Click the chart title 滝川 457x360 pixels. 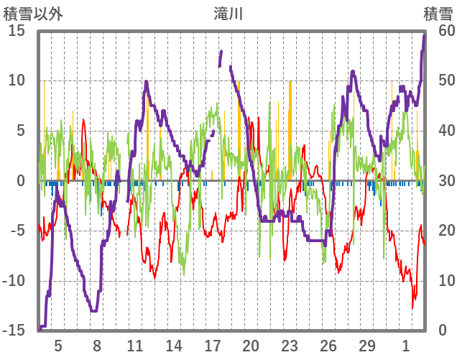(x=228, y=14)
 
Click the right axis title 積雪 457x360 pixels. (x=438, y=14)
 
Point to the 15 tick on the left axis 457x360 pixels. (x=17, y=31)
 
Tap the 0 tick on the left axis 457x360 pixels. (x=22, y=181)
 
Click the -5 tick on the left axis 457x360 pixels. (x=18, y=231)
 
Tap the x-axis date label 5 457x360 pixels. (x=58, y=346)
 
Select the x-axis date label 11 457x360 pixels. (x=134, y=346)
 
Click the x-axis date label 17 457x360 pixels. (x=212, y=346)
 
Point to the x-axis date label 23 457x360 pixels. (x=290, y=346)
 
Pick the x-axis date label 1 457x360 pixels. (x=406, y=346)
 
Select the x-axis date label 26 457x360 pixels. (x=328, y=346)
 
